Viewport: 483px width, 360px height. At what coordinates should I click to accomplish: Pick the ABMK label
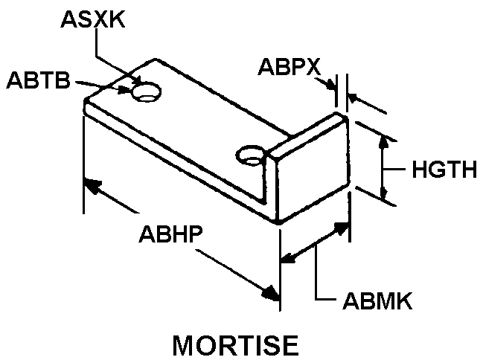pyautogui.click(x=377, y=301)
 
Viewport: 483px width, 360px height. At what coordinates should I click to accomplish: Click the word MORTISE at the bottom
pyautogui.click(x=235, y=344)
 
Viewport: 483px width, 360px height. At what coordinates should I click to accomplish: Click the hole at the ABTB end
pyautogui.click(x=147, y=92)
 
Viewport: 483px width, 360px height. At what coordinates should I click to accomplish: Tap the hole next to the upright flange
pyautogui.click(x=250, y=155)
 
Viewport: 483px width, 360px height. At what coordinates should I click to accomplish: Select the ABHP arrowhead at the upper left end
pyautogui.click(x=91, y=184)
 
